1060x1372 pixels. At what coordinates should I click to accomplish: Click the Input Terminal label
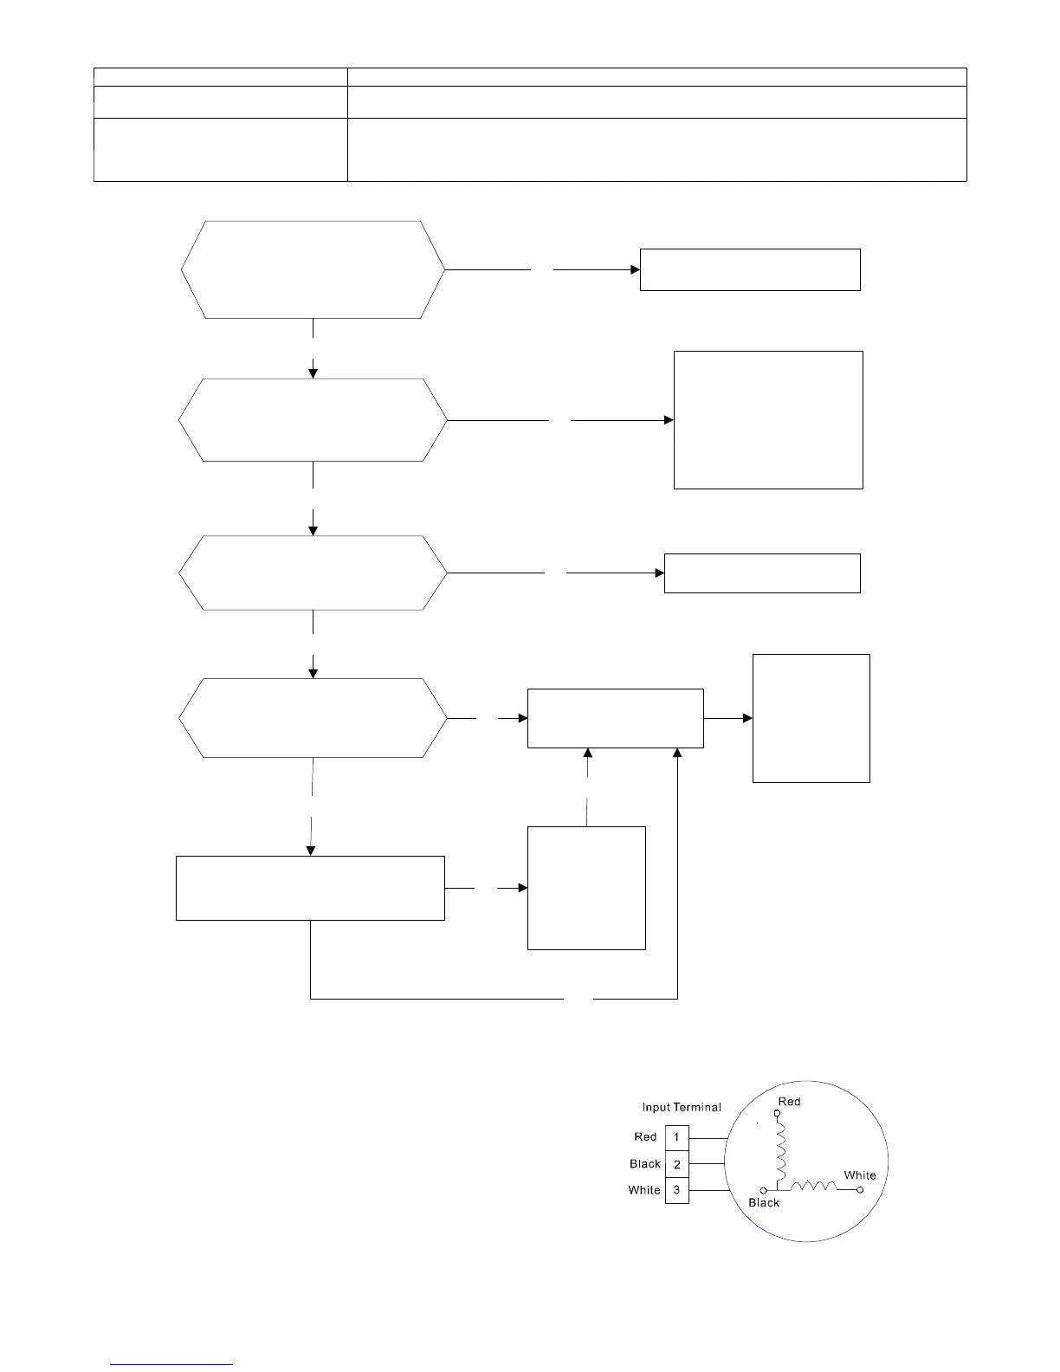(x=681, y=1107)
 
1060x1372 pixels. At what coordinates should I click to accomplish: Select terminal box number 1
(x=676, y=1137)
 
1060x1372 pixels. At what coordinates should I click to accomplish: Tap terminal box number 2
(x=676, y=1164)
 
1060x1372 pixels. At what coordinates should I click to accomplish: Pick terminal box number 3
(x=676, y=1190)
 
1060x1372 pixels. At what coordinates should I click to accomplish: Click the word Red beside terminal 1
(x=645, y=1137)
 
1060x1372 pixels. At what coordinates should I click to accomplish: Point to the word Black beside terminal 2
(x=645, y=1164)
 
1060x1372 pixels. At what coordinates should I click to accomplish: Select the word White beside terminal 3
(x=644, y=1190)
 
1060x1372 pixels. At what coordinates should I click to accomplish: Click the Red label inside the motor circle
(x=789, y=1102)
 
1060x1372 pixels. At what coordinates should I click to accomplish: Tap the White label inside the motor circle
(x=860, y=1175)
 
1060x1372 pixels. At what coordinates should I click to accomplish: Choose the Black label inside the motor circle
(x=764, y=1202)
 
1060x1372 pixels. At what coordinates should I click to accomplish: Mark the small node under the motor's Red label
(x=777, y=1113)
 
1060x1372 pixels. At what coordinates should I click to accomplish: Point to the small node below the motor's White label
(x=860, y=1190)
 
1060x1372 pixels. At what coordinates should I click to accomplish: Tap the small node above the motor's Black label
(x=763, y=1190)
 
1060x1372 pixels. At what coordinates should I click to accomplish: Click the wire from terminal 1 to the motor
(x=707, y=1137)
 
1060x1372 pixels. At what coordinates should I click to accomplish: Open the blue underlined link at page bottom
(x=172, y=1363)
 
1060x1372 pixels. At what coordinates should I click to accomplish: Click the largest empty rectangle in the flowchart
(x=768, y=420)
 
